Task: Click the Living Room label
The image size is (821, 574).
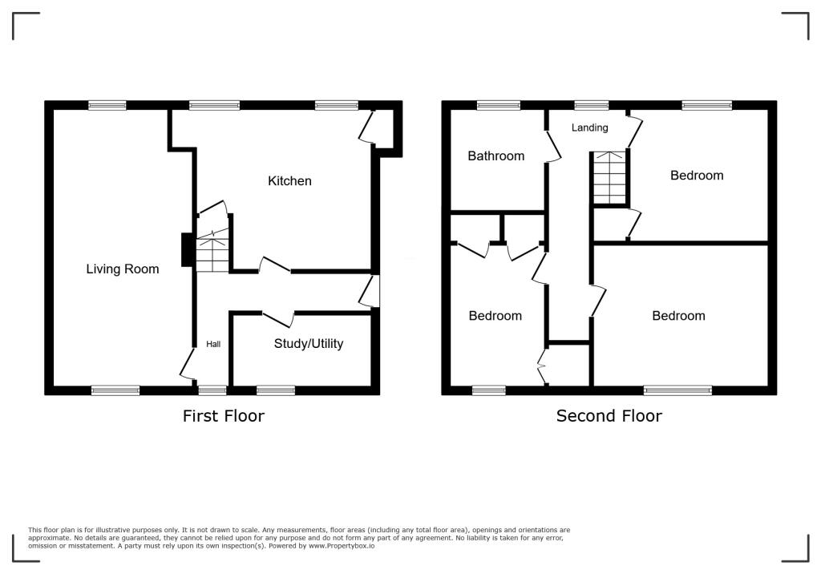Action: coord(123,269)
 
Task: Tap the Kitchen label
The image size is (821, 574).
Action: coord(289,181)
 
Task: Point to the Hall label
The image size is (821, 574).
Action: coord(213,344)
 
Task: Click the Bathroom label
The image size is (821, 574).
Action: coord(496,156)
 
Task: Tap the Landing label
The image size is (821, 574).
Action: coord(589,127)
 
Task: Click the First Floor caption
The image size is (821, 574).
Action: coord(223,415)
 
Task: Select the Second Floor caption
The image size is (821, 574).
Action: coord(609,415)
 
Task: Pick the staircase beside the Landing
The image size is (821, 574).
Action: coord(609,178)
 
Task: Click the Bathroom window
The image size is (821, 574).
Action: coord(498,105)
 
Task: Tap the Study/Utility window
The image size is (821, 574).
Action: coord(276,390)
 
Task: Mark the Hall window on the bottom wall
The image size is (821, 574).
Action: coord(212,390)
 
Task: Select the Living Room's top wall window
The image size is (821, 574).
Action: coord(107,105)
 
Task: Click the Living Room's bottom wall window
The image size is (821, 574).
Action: coord(115,390)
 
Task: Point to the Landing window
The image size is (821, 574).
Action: coord(592,105)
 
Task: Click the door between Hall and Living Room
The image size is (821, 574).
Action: coord(187,365)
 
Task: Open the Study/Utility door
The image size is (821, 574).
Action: coord(278,318)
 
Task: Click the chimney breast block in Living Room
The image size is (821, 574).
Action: coord(187,249)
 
